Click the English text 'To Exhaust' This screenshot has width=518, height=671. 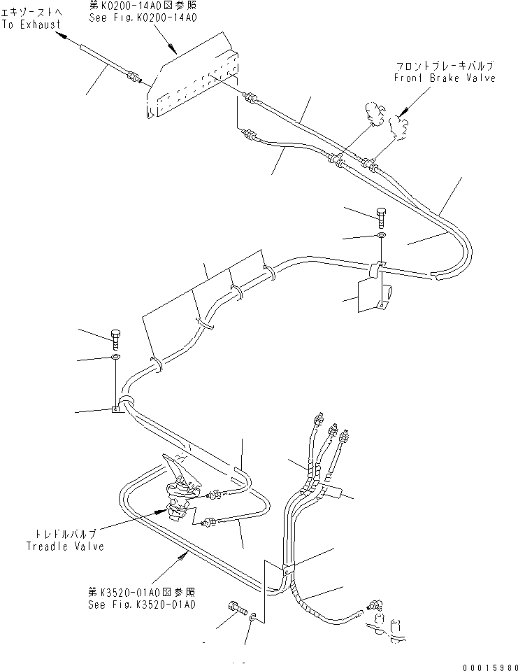coord(33,24)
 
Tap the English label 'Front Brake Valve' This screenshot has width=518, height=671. coord(444,78)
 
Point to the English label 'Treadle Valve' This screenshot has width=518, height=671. coord(65,546)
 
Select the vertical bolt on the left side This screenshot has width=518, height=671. coord(115,339)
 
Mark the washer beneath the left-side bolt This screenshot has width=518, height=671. coord(115,358)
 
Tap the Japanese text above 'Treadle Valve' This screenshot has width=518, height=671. coord(65,534)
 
